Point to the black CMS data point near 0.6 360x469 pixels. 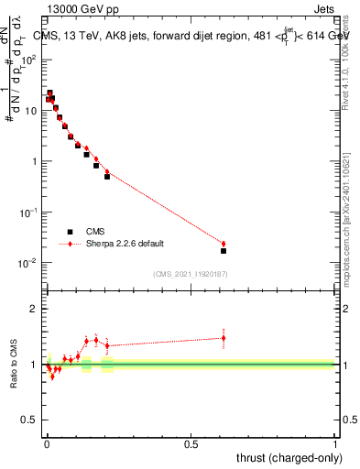coord(224,250)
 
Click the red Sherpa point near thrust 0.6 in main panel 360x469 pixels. coord(224,244)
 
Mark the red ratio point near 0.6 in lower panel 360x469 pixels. coord(224,338)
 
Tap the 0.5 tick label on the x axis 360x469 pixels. coord(191,443)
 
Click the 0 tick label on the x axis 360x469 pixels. coord(47,443)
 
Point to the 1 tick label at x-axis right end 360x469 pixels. coord(335,443)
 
